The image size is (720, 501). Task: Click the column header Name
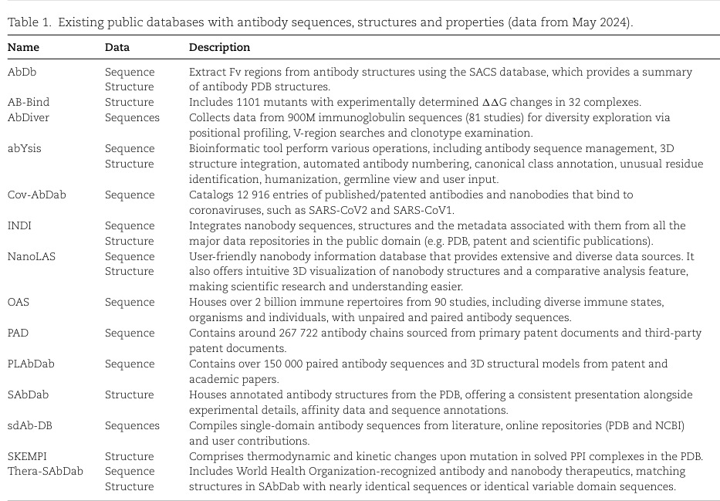tap(23, 48)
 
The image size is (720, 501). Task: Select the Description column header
tap(219, 48)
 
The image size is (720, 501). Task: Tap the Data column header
tap(117, 48)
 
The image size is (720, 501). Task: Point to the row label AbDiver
tap(29, 117)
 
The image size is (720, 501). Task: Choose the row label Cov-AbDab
tap(36, 195)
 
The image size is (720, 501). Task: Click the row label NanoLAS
tap(31, 256)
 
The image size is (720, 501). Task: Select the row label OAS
tap(19, 302)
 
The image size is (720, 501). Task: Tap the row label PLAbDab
tap(31, 364)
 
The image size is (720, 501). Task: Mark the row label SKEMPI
tap(28, 456)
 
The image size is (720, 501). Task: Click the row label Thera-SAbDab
tap(45, 471)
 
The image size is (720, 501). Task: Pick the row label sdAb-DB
tap(30, 425)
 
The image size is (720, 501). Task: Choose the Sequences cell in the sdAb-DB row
tap(132, 425)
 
